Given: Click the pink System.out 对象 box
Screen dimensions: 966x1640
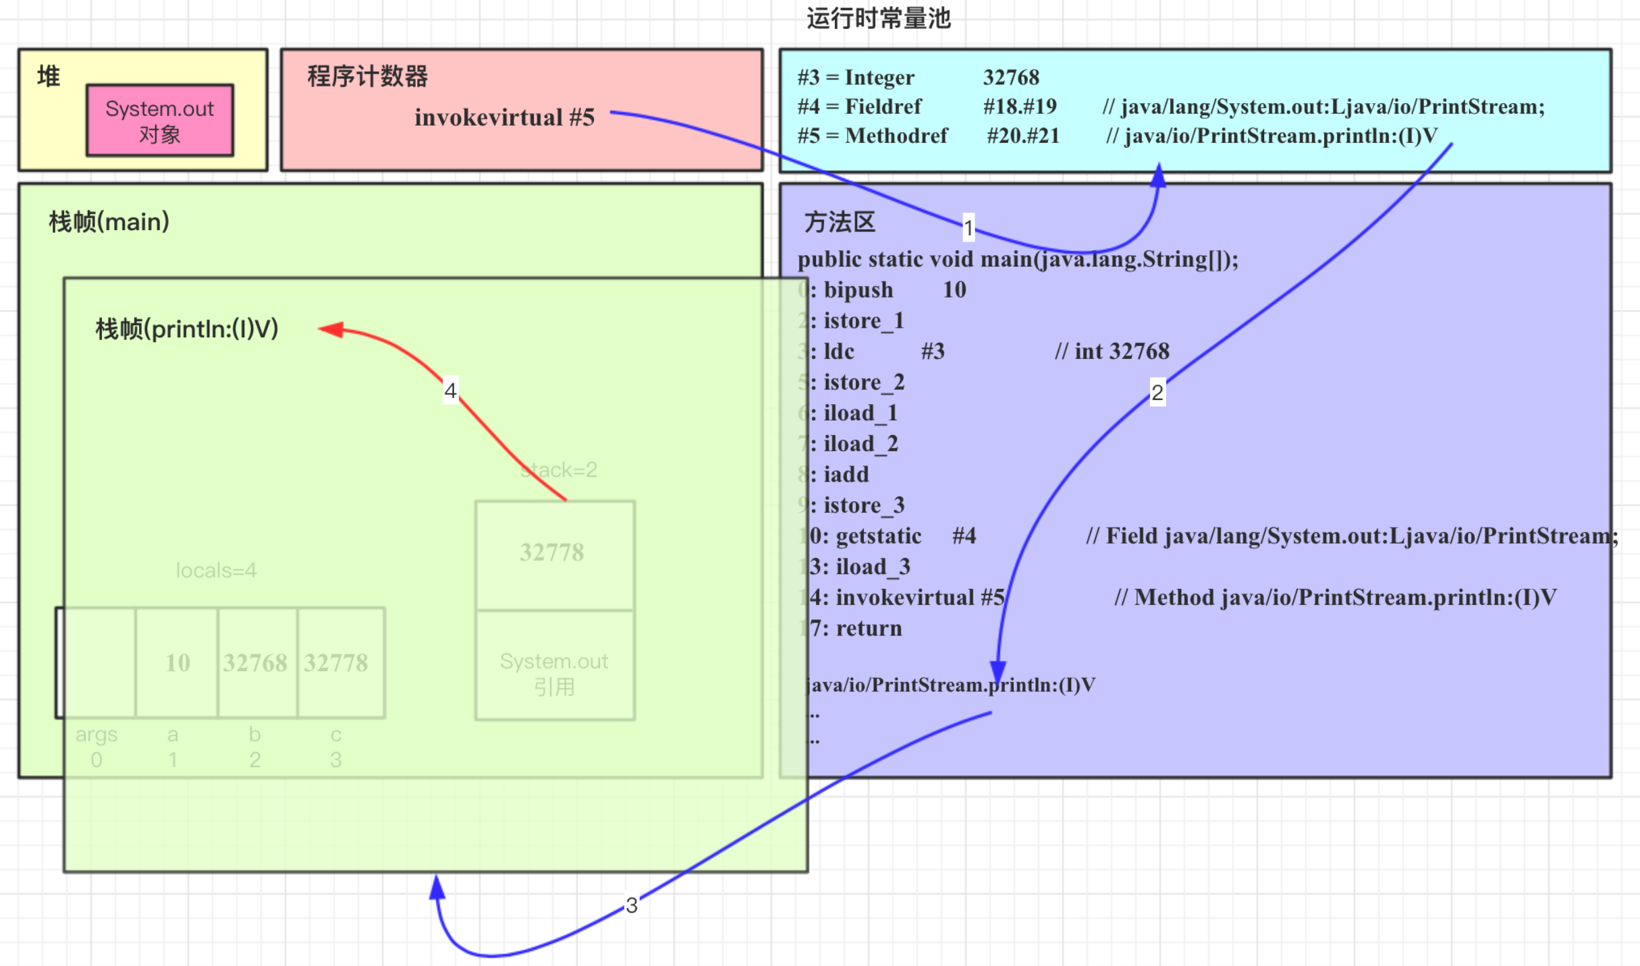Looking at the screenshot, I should coord(160,121).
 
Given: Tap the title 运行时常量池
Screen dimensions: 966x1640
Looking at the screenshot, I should coord(878,18).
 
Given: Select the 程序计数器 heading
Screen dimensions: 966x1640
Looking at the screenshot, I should coord(367,76).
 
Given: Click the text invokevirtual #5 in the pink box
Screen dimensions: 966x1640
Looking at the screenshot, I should coord(504,117).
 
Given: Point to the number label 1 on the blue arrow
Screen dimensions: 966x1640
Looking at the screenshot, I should coord(968,228).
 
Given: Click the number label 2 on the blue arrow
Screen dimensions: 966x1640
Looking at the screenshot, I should coord(1157,392).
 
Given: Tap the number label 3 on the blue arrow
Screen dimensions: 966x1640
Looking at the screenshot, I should coord(632,905).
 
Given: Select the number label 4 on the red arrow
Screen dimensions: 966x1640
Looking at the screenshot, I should coord(450,391).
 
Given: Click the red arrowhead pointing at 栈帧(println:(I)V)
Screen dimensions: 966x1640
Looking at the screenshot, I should coord(331,329).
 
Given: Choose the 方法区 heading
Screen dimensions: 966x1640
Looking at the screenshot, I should coord(840,222).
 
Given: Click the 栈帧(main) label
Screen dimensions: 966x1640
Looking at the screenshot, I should coord(109,222).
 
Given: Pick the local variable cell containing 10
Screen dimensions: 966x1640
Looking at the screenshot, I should coord(177,662).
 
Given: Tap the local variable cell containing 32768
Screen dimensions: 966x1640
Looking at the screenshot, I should coord(256,662).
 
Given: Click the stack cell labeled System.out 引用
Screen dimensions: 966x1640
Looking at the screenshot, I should coord(554,673).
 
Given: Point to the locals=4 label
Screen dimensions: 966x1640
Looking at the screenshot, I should coord(216,571).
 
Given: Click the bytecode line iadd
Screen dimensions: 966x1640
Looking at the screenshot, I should coord(846,474).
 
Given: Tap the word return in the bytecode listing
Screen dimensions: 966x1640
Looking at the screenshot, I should coord(869,628).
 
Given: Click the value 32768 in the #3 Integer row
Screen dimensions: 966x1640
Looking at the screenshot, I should coord(1011,78).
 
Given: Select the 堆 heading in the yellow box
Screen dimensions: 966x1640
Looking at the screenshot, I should coord(49,76).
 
